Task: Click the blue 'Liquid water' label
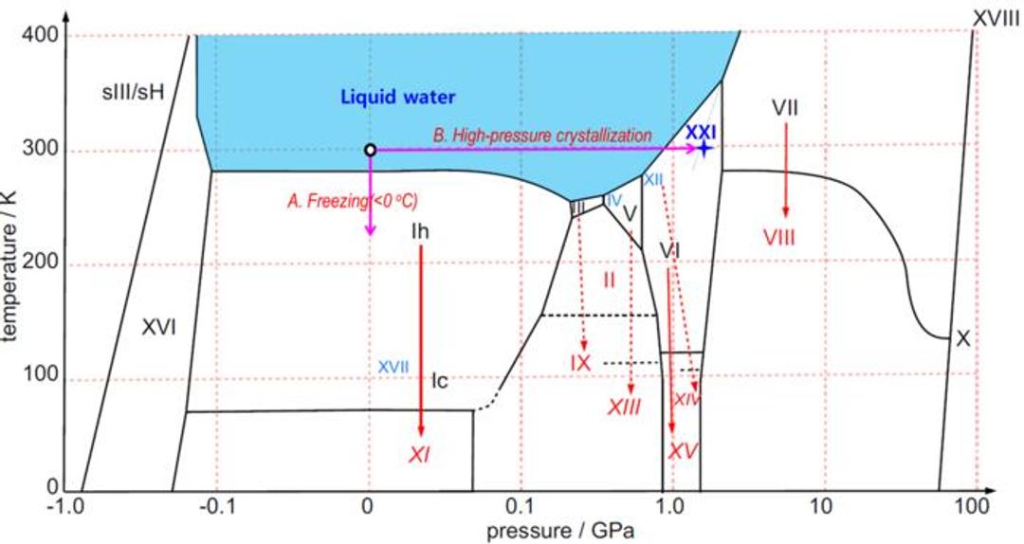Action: [x=398, y=97]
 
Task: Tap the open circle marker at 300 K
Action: [x=370, y=150]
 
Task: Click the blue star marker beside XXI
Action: [x=704, y=149]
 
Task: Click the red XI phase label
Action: [x=419, y=456]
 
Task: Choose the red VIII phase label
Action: [x=785, y=237]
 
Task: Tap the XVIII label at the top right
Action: [x=996, y=17]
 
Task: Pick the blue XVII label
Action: [x=393, y=366]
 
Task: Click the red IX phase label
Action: [x=580, y=362]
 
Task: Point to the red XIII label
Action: [x=624, y=408]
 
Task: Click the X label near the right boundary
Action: [x=962, y=338]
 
